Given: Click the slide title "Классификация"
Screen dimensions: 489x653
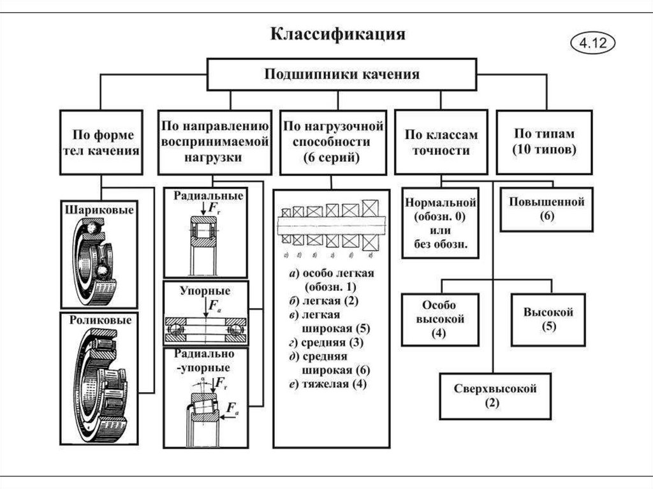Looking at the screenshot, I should [x=339, y=34].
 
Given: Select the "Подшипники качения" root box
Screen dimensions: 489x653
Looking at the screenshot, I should [x=342, y=75].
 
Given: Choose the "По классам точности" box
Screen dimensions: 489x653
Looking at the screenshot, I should [x=441, y=143].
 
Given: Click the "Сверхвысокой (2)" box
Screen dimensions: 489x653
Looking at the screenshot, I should [x=495, y=395].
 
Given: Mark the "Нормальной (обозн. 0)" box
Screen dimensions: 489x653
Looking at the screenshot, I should [x=440, y=223].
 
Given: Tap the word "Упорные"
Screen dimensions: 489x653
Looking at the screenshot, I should [x=204, y=291].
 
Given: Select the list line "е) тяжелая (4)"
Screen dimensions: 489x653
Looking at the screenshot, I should [x=328, y=384].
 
